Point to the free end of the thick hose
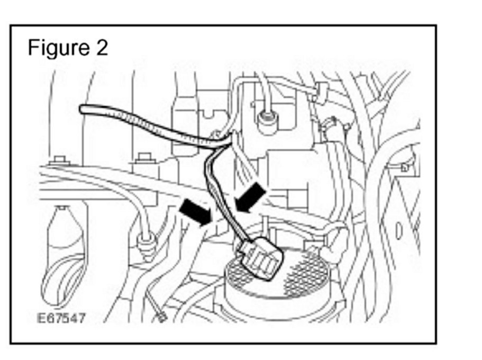83,109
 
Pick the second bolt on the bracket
141,157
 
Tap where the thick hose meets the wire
222,139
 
